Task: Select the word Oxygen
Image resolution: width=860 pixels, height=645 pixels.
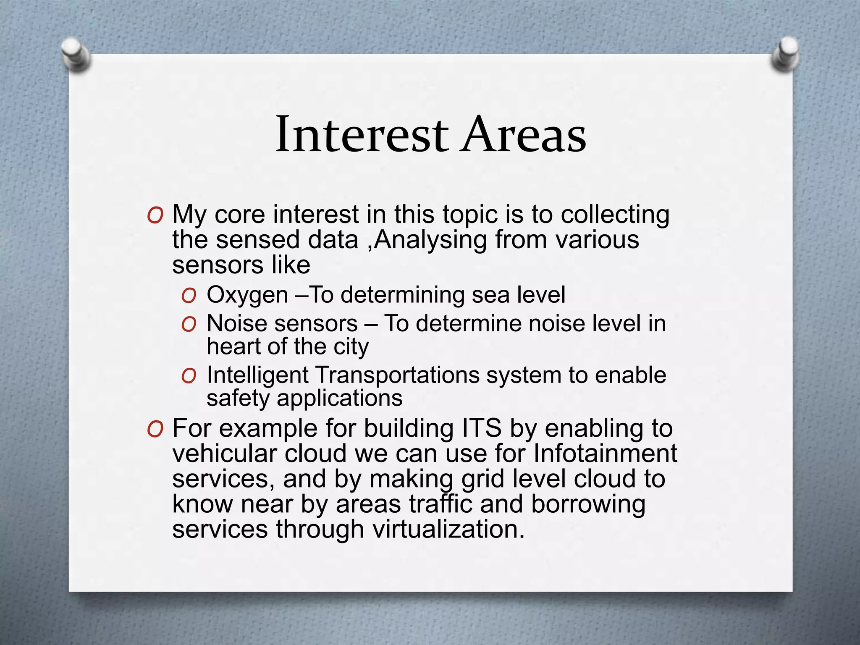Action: [x=247, y=295]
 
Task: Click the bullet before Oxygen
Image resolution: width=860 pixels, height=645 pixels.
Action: [x=189, y=296]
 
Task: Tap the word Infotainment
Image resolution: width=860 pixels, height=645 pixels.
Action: [x=606, y=454]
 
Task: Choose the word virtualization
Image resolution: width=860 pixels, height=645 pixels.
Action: [x=448, y=529]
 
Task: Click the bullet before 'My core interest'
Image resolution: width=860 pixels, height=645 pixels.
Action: [x=155, y=216]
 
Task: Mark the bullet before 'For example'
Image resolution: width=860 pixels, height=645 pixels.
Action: [x=155, y=430]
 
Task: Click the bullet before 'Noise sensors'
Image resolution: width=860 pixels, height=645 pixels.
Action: [x=189, y=325]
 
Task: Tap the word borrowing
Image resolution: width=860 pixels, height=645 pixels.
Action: [x=588, y=504]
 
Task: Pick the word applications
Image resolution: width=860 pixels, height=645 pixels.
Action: [x=339, y=398]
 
